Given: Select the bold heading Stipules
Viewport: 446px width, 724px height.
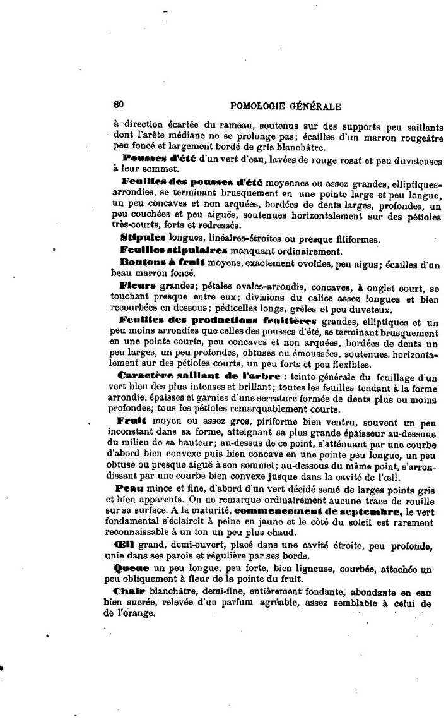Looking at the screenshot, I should click(x=142, y=238).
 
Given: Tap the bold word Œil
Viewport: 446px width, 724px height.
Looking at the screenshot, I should click(x=124, y=545).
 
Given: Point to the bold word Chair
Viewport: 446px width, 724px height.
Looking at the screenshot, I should click(x=129, y=591).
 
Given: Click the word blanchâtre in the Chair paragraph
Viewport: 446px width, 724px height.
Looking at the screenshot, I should click(x=173, y=592).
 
